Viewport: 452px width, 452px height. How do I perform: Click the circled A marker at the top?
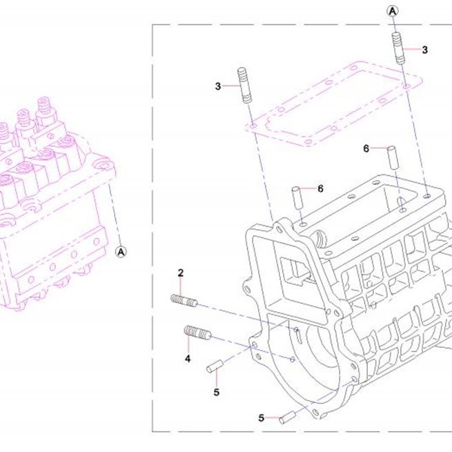(x=393, y=11)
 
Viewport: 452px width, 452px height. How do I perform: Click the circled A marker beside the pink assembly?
(x=121, y=252)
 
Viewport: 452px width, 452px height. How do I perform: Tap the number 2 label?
(x=181, y=273)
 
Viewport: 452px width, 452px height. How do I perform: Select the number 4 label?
(x=188, y=359)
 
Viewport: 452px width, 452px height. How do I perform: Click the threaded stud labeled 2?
(x=184, y=301)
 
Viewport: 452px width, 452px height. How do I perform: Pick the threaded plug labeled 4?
(x=197, y=332)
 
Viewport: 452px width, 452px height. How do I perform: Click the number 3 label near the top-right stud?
(x=424, y=50)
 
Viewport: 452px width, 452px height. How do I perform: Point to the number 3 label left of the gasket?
(x=218, y=86)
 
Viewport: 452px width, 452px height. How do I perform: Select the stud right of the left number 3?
(x=245, y=85)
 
